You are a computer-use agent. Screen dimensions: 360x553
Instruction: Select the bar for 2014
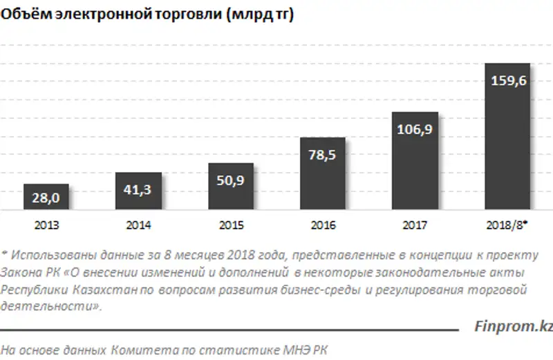(x=138, y=190)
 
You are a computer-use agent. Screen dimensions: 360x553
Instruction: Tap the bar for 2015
(x=230, y=186)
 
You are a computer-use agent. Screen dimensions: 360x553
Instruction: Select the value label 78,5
(x=322, y=155)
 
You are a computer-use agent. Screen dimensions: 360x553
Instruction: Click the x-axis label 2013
(x=46, y=225)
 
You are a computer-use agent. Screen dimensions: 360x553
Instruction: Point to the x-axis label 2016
(x=322, y=225)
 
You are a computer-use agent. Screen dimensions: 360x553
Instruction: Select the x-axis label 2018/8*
(x=507, y=225)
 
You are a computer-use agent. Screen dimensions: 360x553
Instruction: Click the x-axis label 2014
(x=138, y=225)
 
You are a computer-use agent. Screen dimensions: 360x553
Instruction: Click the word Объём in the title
(x=21, y=17)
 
